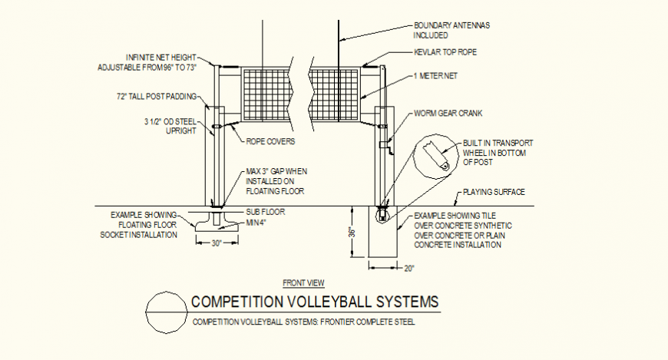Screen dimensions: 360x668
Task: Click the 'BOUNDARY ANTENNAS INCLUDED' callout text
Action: pyautogui.click(x=451, y=30)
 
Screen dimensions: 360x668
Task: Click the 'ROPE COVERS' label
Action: pyautogui.click(x=270, y=141)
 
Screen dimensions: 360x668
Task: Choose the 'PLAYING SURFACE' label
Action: pyautogui.click(x=492, y=193)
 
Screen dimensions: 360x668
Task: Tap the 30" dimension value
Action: pyautogui.click(x=217, y=243)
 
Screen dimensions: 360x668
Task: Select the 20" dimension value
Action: pyautogui.click(x=408, y=268)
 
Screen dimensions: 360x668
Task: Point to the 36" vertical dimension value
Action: pyautogui.click(x=352, y=232)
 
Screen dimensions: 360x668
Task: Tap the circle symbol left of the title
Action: pyautogui.click(x=166, y=312)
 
